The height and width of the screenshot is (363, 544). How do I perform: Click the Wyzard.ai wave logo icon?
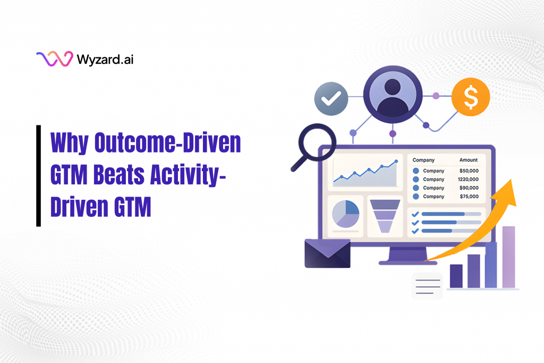click(x=54, y=59)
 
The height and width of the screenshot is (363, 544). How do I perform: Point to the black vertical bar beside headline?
click(x=39, y=176)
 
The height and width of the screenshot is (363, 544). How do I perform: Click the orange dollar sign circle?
click(x=470, y=97)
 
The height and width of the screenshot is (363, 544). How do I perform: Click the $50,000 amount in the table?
click(x=469, y=171)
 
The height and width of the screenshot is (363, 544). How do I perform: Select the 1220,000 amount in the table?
click(x=468, y=179)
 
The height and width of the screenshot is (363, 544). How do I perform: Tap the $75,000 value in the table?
click(x=469, y=196)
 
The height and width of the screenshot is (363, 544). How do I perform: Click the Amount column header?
click(x=469, y=160)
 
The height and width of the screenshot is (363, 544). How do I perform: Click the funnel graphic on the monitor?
click(x=384, y=215)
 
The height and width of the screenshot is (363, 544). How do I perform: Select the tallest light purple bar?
click(x=508, y=257)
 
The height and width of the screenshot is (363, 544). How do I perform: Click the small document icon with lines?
click(x=428, y=286)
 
